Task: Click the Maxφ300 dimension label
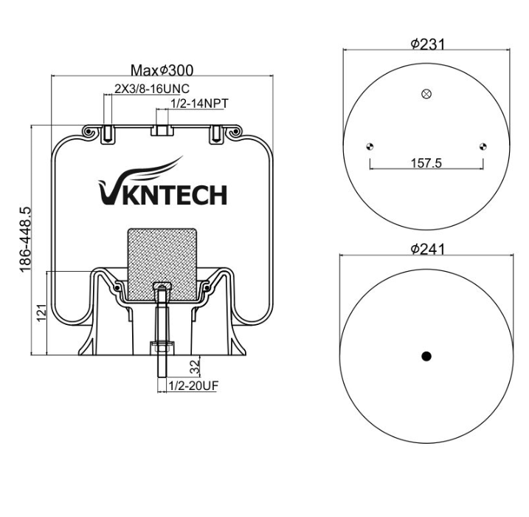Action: click(x=162, y=71)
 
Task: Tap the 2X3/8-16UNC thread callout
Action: click(x=152, y=89)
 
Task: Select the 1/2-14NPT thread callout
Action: click(x=200, y=103)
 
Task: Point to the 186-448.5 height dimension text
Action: click(x=25, y=239)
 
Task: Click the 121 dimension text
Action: click(x=41, y=312)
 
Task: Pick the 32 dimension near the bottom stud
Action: click(x=195, y=367)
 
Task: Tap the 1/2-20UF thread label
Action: click(x=193, y=386)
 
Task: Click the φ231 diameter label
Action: click(x=427, y=44)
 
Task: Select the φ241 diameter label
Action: click(x=427, y=249)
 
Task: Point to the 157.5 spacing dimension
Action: click(x=426, y=163)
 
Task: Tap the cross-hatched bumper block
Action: click(x=162, y=264)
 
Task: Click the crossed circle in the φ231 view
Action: click(x=426, y=94)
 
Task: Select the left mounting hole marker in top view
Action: click(x=370, y=146)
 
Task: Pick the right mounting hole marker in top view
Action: click(x=483, y=146)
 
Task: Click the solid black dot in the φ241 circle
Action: click(x=426, y=356)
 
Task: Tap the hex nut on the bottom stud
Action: click(x=162, y=348)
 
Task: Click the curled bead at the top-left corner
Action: click(x=89, y=131)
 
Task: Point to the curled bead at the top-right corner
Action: click(x=234, y=131)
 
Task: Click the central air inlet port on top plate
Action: click(x=162, y=130)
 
